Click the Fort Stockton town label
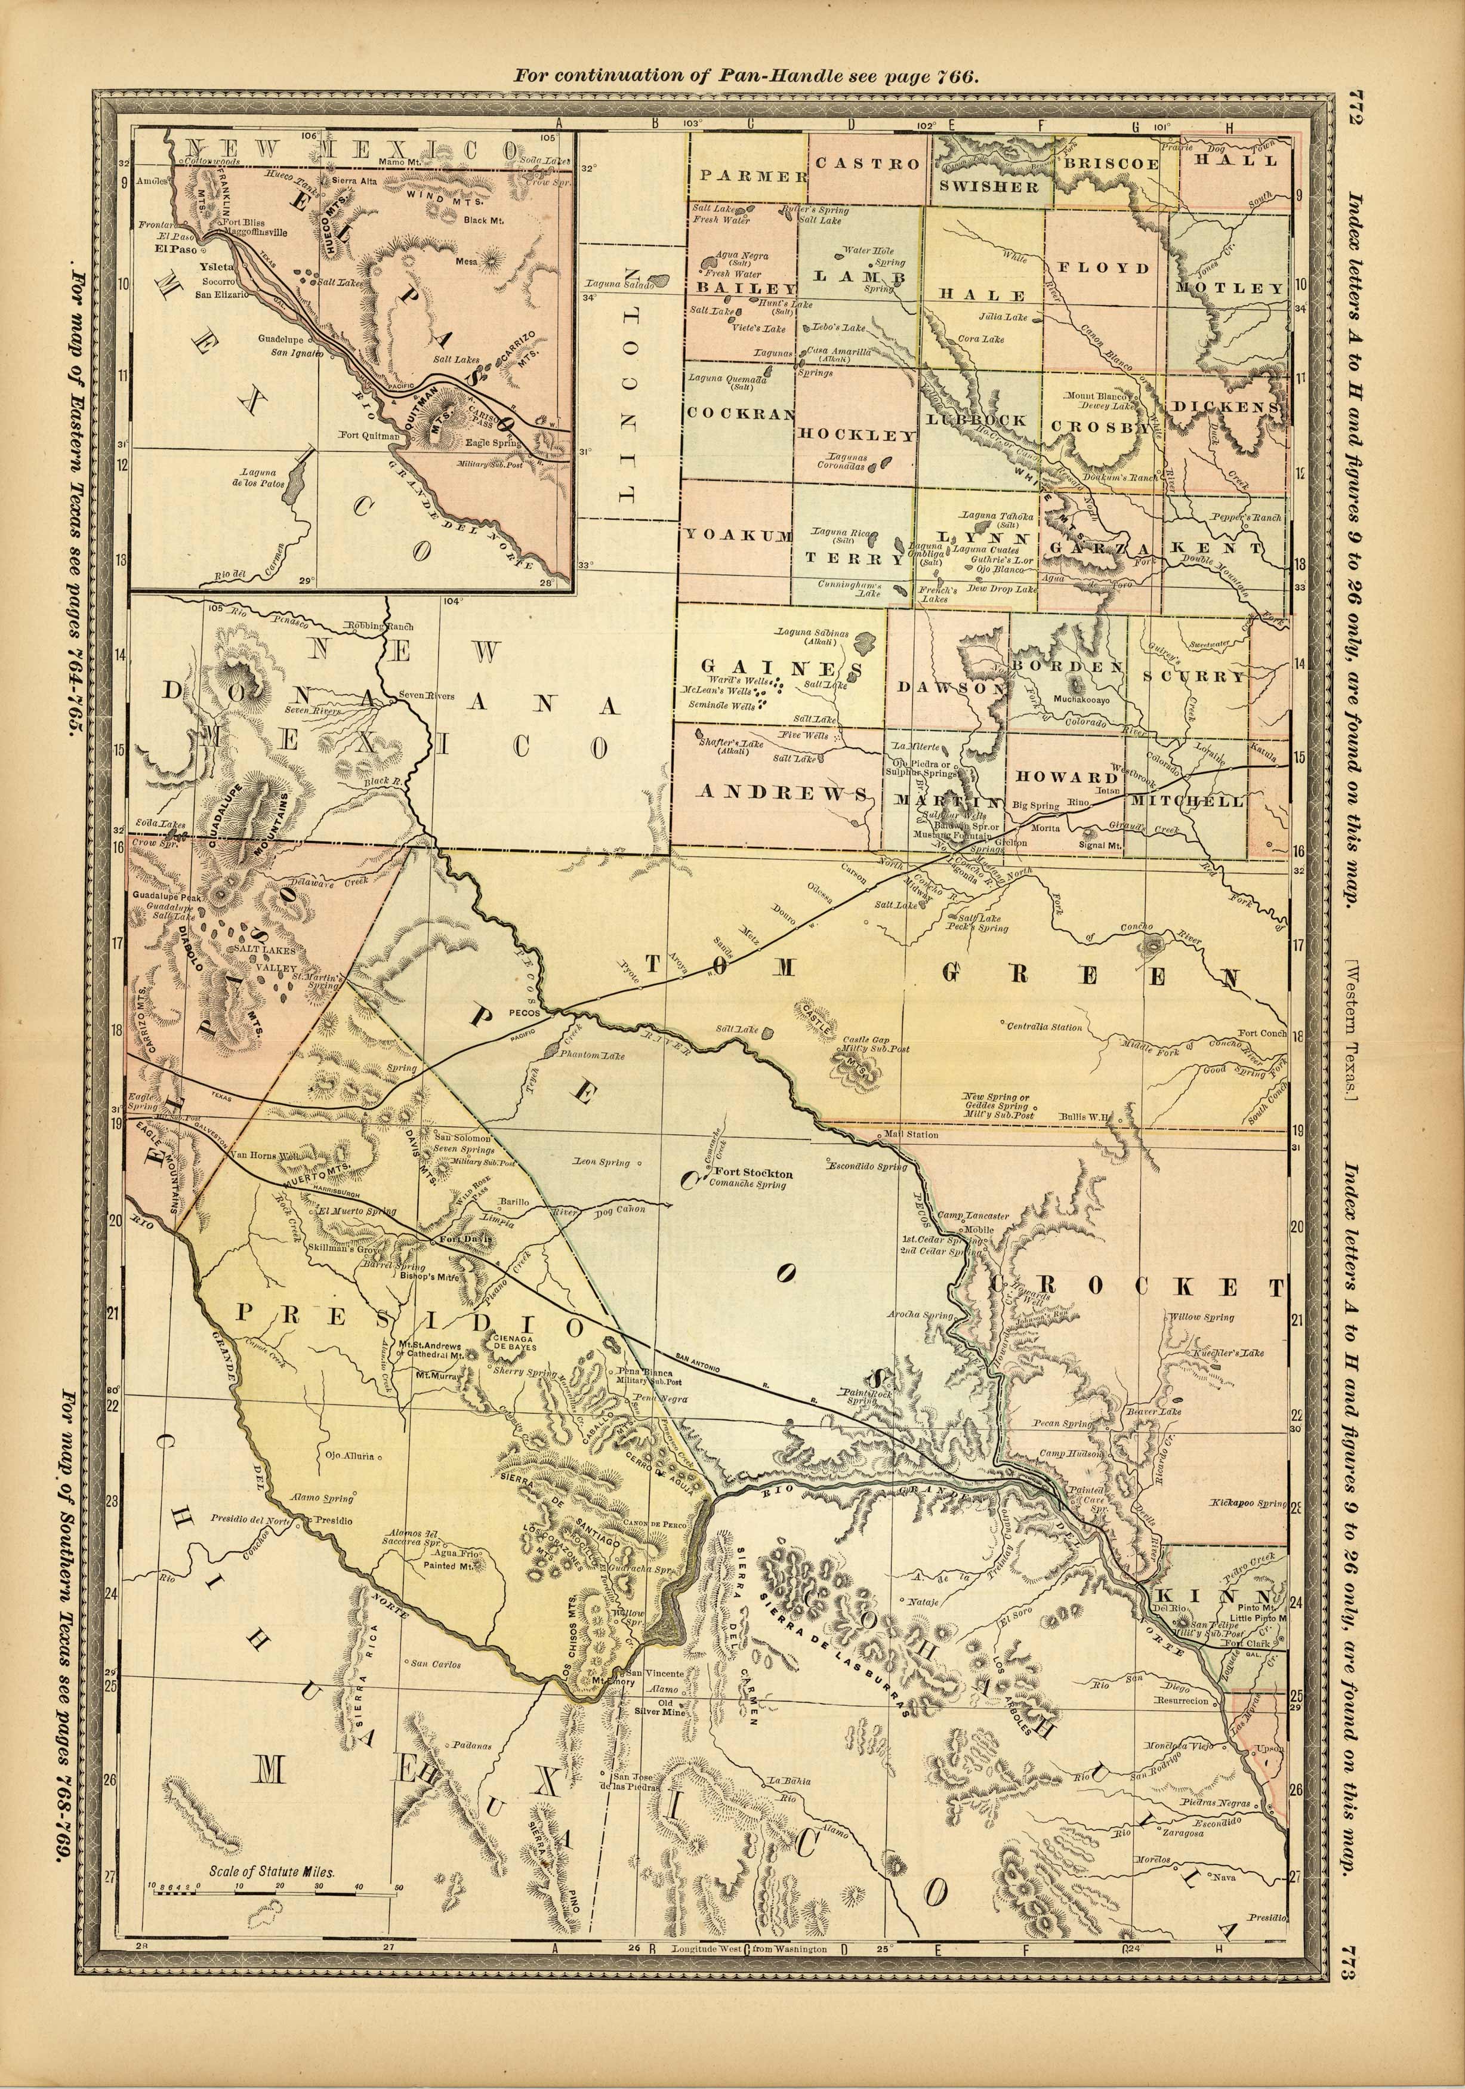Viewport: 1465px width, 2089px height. tap(754, 1173)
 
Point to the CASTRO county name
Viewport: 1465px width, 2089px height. tap(867, 164)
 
